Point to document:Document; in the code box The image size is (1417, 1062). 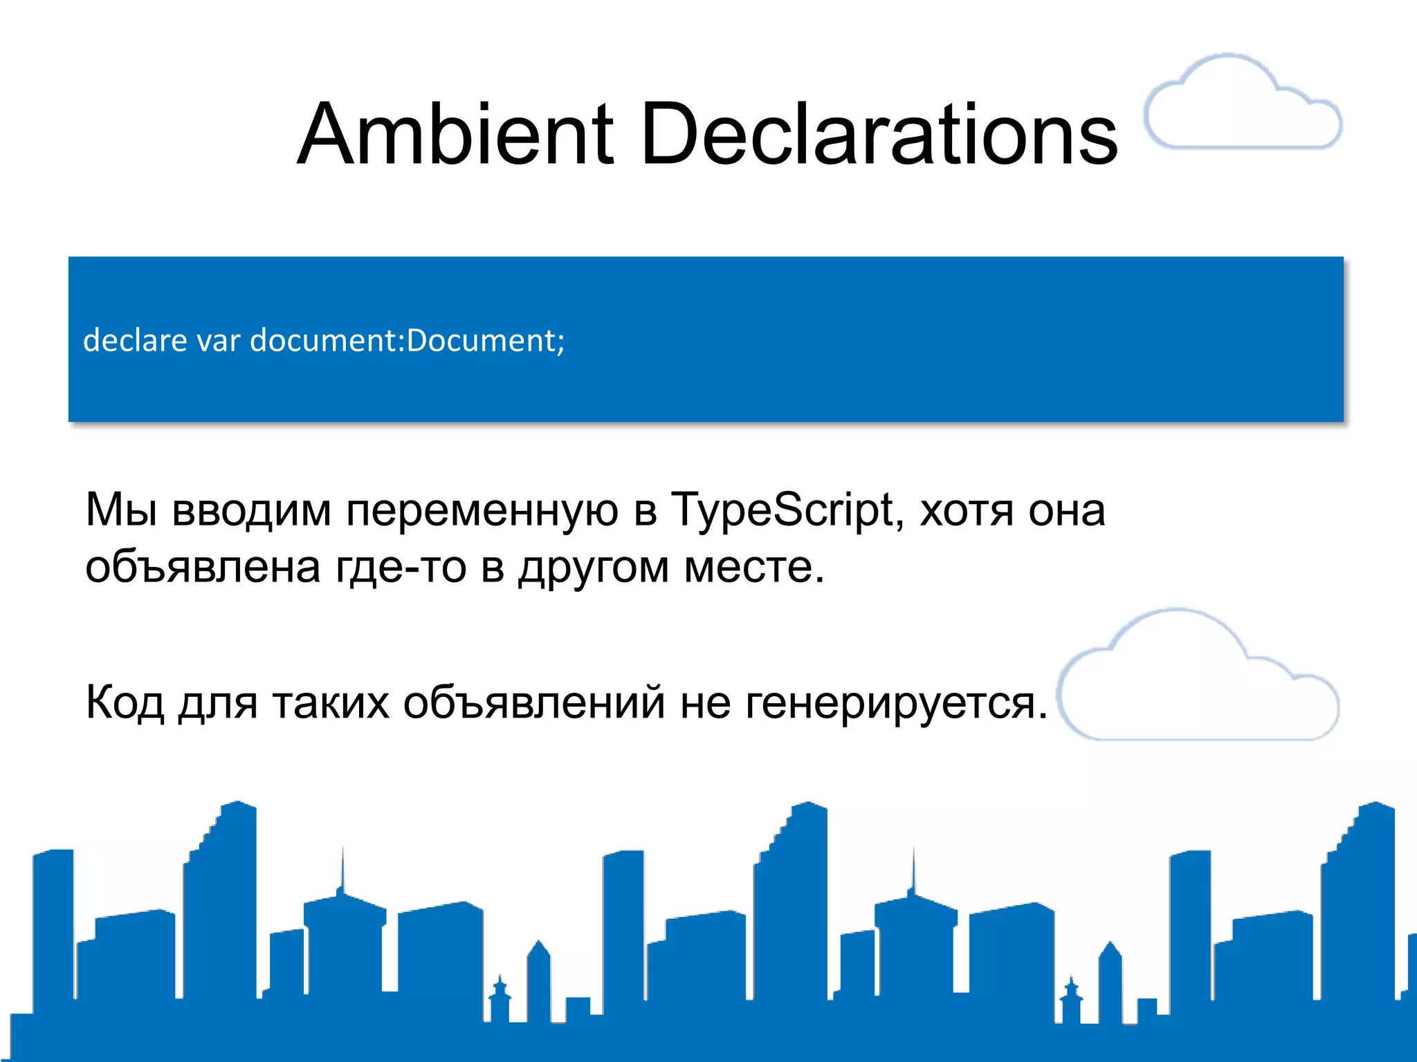pos(408,340)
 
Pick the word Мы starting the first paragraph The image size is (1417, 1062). pos(121,510)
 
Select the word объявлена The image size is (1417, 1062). pos(203,568)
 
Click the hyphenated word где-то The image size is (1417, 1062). pos(401,568)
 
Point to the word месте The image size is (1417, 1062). pos(753,568)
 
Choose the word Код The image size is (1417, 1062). pos(125,702)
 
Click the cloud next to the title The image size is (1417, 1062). pos(1243,104)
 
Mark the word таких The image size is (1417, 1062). pos(331,702)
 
